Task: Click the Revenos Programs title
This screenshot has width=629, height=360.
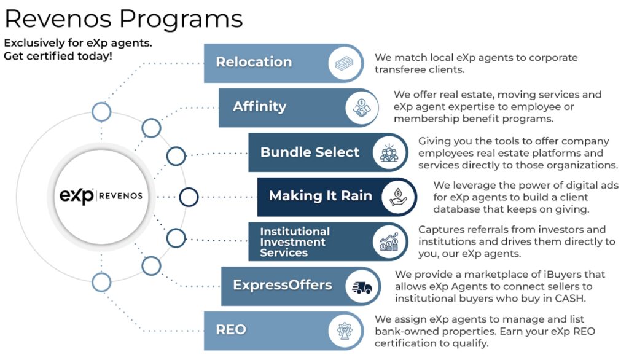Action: point(123,19)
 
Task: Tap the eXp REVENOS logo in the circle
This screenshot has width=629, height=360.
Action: point(101,196)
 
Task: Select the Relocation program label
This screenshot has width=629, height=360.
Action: point(254,62)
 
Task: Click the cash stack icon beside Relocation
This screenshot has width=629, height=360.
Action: point(344,63)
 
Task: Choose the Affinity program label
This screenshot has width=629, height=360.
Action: point(260,106)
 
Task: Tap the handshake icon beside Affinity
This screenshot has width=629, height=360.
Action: point(362,108)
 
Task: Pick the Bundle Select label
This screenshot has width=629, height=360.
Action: point(310,152)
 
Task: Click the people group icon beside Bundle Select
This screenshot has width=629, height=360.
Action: point(389,153)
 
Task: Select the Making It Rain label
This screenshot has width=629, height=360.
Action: point(321,195)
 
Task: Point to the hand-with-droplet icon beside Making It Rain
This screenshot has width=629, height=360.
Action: point(398,197)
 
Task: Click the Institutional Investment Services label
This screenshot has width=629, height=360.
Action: point(295,242)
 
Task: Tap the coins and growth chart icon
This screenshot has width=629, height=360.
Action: point(389,242)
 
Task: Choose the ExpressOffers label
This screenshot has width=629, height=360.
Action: point(283,285)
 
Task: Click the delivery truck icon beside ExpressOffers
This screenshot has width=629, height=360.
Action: point(362,286)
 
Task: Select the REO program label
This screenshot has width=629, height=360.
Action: point(231,329)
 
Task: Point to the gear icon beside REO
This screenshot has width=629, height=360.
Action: point(344,331)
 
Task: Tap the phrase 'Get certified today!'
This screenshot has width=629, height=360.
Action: point(58,56)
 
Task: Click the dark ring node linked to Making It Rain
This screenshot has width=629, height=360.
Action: point(189,197)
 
